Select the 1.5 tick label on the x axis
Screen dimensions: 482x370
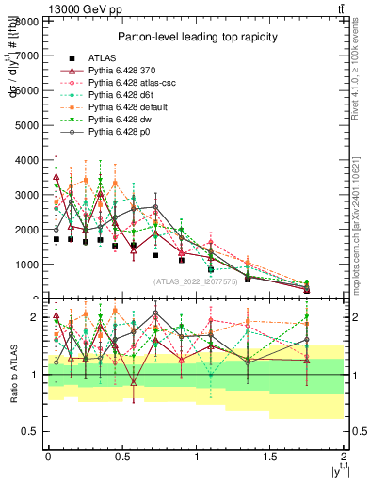(270, 457)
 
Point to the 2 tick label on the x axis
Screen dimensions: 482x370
(344, 457)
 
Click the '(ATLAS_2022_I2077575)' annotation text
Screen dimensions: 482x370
(196, 281)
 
